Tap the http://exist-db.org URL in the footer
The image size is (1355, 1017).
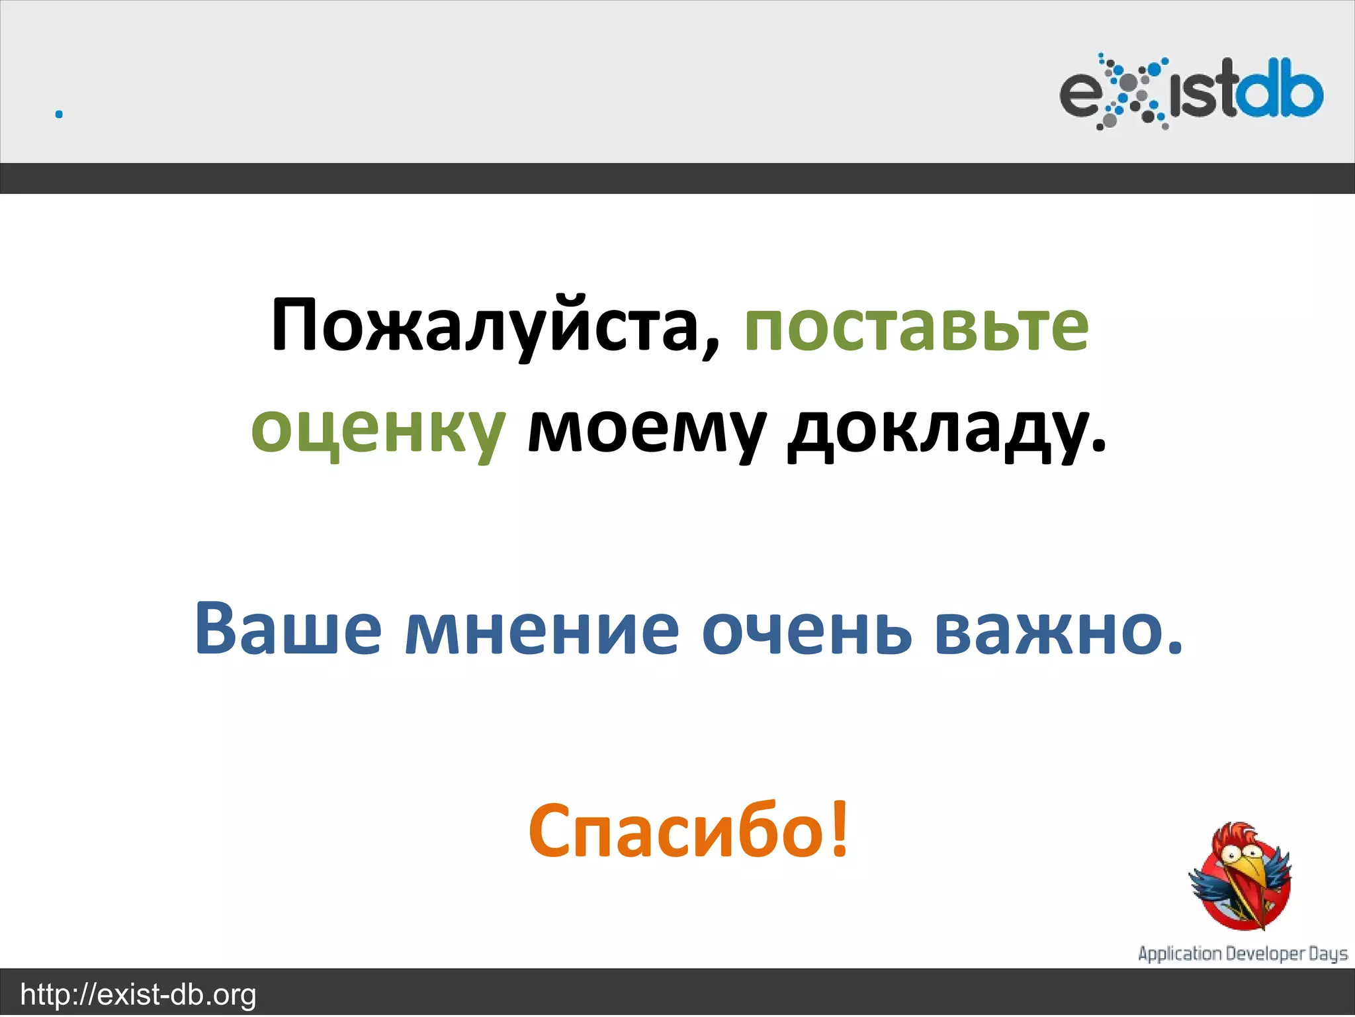click(138, 995)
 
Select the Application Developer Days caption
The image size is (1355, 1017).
click(1243, 954)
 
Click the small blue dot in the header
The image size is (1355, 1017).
click(59, 115)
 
